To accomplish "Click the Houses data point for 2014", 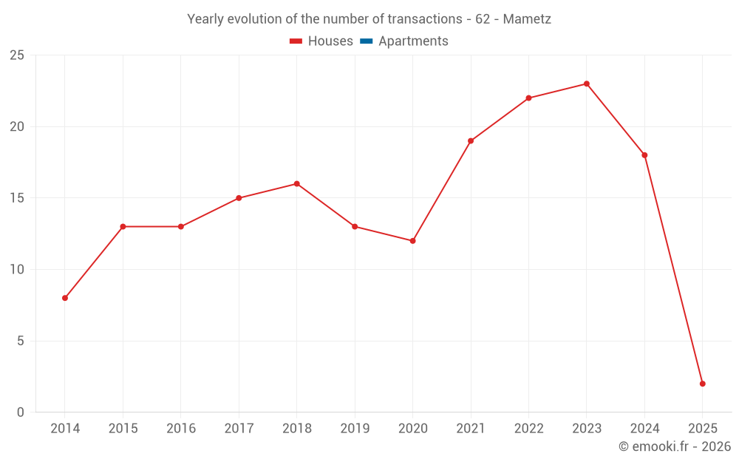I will click(65, 298).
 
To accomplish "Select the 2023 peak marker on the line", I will click(587, 84).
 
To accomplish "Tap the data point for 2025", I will click(703, 384).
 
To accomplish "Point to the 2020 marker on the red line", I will click(412, 241).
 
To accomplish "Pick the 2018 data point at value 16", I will click(297, 184).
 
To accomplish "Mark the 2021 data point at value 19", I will click(471, 141).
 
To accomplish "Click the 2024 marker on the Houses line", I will click(644, 155).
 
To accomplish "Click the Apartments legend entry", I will click(413, 41).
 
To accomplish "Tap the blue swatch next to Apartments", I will click(366, 41).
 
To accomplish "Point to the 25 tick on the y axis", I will click(17, 55).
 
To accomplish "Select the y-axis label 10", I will click(17, 270).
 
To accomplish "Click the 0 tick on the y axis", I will click(21, 412).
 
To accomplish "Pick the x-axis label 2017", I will click(239, 429).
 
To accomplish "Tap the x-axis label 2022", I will click(528, 429).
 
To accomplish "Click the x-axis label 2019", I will click(355, 429).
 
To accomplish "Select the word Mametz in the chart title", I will click(527, 19).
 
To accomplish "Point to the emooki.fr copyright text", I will click(674, 446).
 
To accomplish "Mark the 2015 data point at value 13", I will click(123, 227).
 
